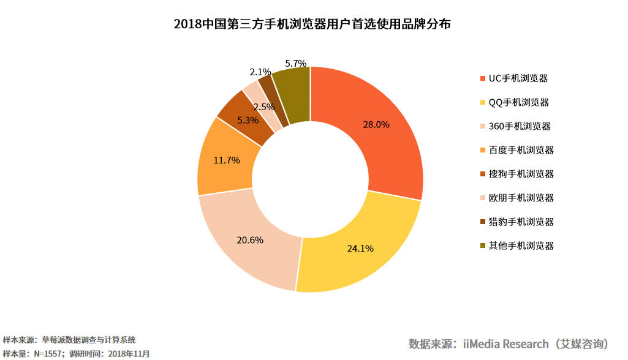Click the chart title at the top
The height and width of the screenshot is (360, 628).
[x=312, y=24]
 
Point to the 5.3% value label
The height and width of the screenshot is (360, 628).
[x=248, y=120]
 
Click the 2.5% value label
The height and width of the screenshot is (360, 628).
[x=264, y=107]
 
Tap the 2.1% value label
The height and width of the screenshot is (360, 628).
[x=260, y=72]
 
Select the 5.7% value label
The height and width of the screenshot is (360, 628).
[x=295, y=63]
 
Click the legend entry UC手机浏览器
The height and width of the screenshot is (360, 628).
[x=514, y=78]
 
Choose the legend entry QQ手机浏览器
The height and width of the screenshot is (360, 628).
[x=514, y=102]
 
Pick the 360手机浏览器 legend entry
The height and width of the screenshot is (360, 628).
[x=515, y=126]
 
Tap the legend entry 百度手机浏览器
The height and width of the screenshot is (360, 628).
[x=516, y=150]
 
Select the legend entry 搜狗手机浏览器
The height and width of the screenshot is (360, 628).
[x=516, y=174]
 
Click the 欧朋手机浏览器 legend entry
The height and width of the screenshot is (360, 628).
[x=516, y=198]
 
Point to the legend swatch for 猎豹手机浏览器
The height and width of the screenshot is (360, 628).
[x=483, y=222]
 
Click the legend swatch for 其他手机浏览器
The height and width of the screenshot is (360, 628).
[x=483, y=246]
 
